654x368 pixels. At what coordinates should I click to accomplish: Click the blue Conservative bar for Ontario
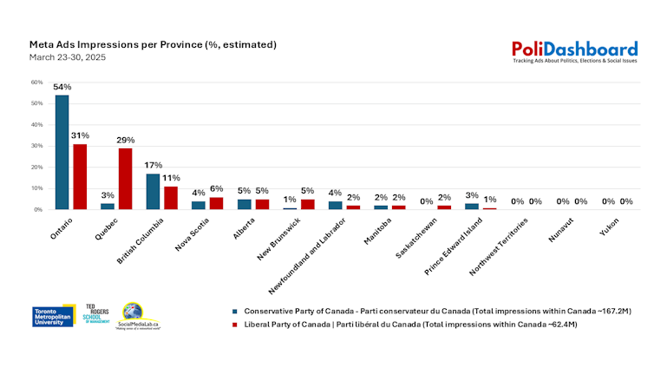pos(62,152)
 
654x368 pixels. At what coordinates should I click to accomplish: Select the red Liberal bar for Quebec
pos(126,179)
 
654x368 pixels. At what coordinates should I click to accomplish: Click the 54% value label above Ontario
pos(62,88)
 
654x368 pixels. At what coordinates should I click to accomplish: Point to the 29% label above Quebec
pos(126,140)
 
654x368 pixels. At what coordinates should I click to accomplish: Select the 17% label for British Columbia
pos(153,165)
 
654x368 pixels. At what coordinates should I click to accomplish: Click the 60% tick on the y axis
pos(36,82)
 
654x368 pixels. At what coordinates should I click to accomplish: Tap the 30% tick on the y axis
pos(36,146)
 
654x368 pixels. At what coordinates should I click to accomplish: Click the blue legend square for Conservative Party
pos(235,310)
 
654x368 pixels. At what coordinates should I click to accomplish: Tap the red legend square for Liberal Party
pos(235,323)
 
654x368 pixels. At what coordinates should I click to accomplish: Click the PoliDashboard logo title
pos(574,49)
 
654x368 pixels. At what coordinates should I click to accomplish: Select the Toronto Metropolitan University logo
pos(54,316)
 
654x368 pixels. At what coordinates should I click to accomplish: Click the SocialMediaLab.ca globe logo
pos(133,315)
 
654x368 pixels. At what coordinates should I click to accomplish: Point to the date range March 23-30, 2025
pos(68,57)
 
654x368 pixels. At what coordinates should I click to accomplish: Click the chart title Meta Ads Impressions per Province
pos(153,44)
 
